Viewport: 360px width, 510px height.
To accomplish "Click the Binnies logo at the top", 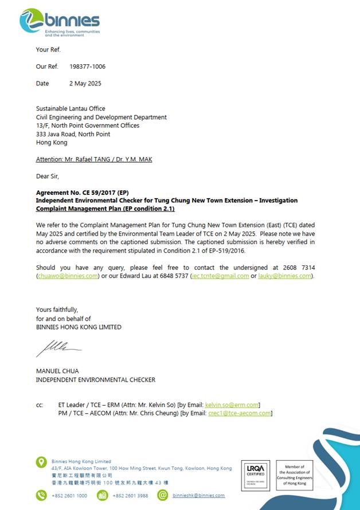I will (x=60, y=22).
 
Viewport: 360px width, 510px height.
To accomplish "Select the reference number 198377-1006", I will (x=87, y=66).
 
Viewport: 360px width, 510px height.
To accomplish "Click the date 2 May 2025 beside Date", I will (x=85, y=83).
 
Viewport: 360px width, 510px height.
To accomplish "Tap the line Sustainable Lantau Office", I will (x=71, y=109).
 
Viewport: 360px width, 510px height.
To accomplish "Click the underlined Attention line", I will (x=94, y=159).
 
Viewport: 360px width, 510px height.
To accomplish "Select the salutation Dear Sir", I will (x=48, y=176).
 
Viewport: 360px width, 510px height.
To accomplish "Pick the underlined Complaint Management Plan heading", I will (x=101, y=209).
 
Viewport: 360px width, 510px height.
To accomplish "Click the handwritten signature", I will (x=58, y=347).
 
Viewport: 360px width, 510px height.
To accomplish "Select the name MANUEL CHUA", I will (x=58, y=371).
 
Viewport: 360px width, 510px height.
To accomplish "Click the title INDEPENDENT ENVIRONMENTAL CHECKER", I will (x=95, y=379).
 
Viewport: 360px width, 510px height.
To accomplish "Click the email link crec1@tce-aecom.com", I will (x=238, y=413).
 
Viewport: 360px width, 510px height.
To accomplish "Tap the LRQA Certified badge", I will (x=256, y=474).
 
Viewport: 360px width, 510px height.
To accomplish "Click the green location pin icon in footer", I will (x=41, y=462).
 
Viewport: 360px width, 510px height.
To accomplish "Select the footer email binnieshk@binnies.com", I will (x=198, y=496).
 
